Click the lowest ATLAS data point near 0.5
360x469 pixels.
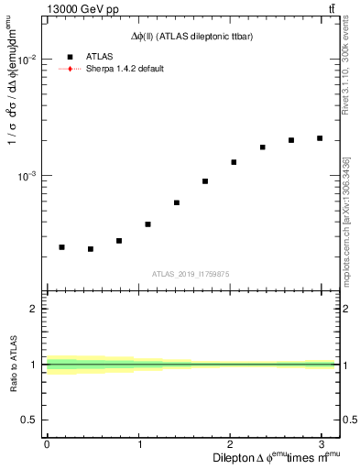point(91,249)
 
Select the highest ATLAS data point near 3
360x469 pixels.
point(320,138)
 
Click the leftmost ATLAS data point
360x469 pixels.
point(61,247)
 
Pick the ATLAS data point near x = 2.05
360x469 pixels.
point(234,162)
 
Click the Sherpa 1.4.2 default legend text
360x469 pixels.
point(125,69)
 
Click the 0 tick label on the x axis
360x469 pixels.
point(47,444)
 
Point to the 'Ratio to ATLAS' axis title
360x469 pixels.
point(14,364)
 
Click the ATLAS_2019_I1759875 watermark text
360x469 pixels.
point(191,274)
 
